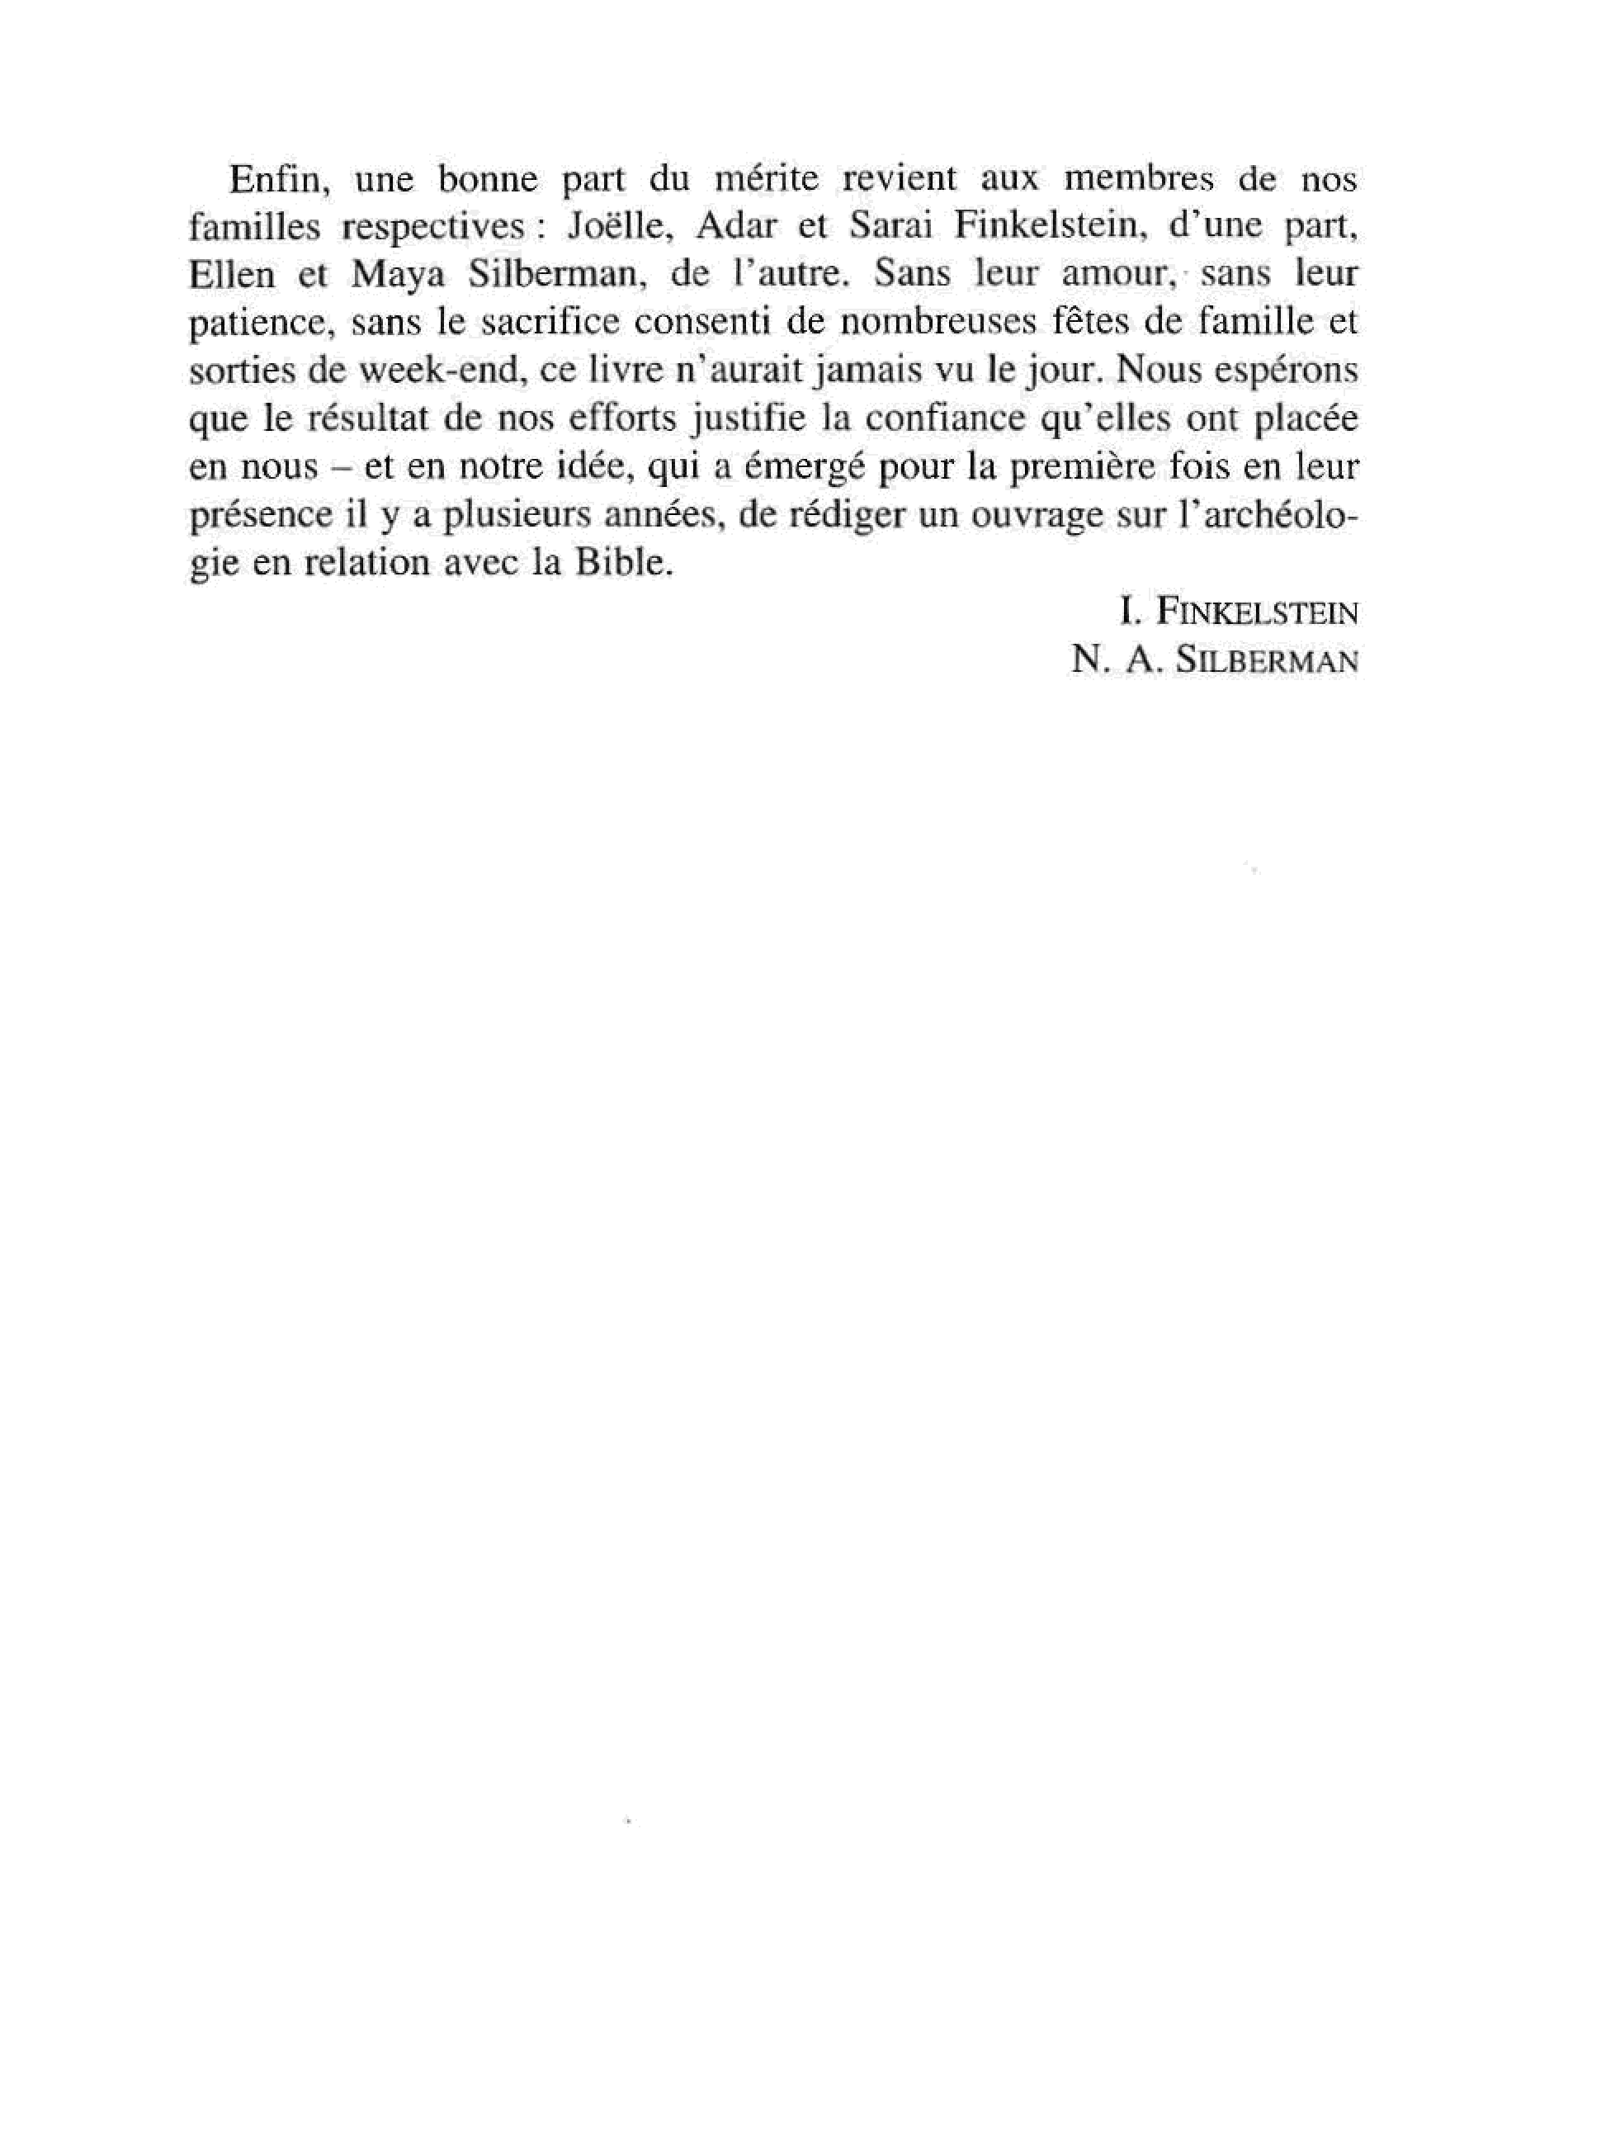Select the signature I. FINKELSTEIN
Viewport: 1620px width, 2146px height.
point(1238,612)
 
